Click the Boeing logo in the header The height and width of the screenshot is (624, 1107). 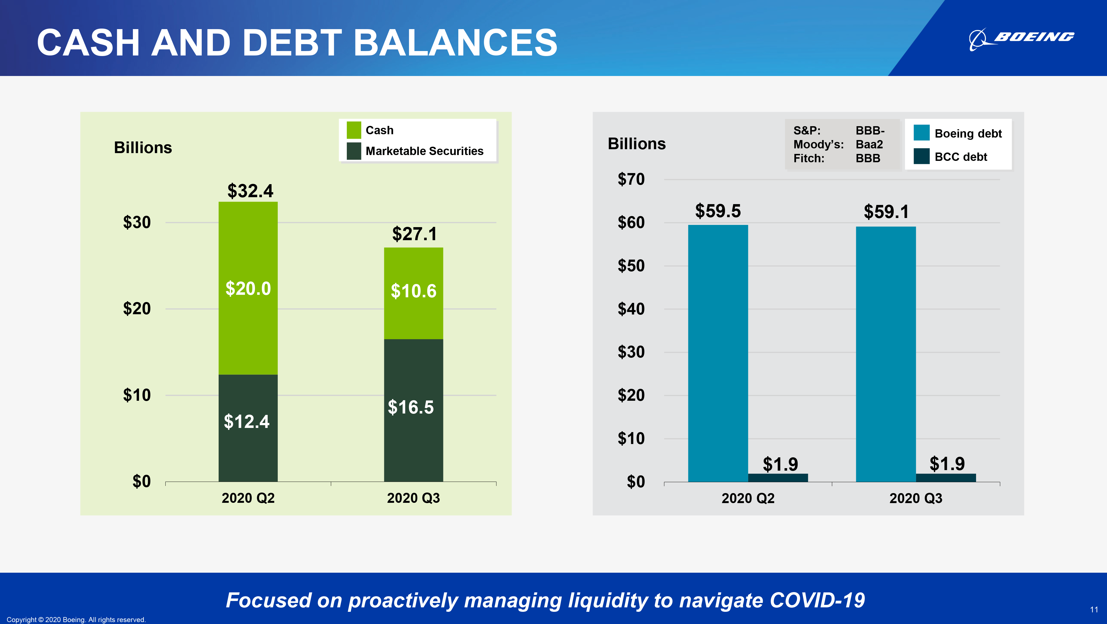pos(1021,39)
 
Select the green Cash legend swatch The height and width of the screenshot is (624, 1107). pos(354,130)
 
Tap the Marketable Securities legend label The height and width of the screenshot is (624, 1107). pos(424,151)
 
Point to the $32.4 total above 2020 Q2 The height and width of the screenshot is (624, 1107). pos(250,191)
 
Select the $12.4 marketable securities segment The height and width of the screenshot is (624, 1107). pos(248,428)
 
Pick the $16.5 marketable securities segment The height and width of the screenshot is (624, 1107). pos(413,410)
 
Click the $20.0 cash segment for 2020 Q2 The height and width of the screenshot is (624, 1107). pos(248,288)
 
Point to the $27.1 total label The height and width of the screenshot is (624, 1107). pos(414,234)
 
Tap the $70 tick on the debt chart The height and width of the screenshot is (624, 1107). pos(631,179)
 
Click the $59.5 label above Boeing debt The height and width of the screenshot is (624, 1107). pos(718,211)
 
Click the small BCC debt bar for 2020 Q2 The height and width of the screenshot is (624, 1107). pos(778,478)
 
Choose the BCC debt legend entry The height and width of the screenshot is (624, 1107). pos(951,157)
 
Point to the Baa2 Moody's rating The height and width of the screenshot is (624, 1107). pos(869,144)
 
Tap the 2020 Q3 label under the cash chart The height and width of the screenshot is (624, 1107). pos(413,498)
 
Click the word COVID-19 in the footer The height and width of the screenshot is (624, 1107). pos(817,600)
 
